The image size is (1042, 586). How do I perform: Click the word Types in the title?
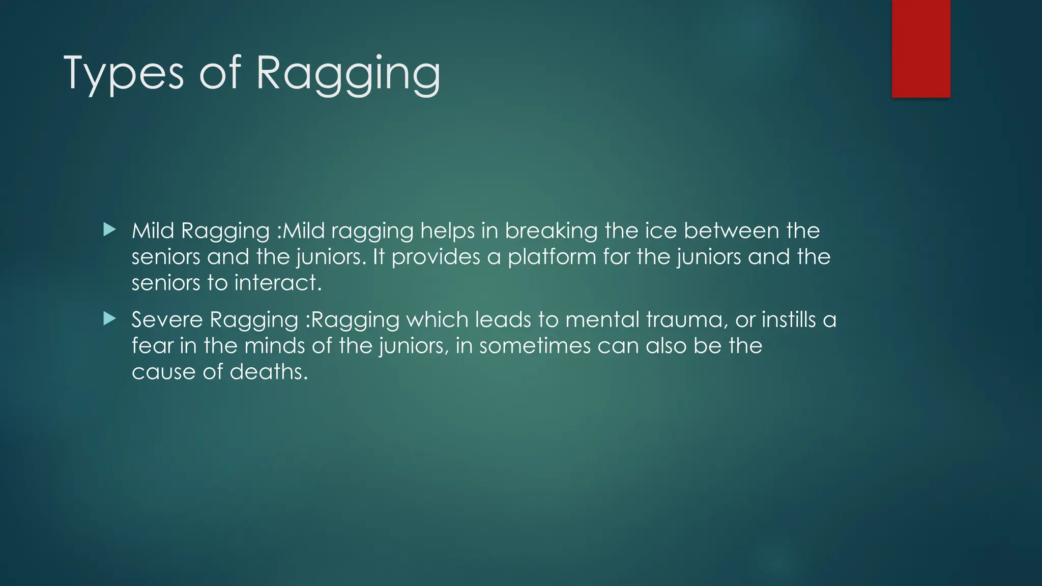pyautogui.click(x=123, y=74)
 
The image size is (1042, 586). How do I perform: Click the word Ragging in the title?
pyautogui.click(x=348, y=74)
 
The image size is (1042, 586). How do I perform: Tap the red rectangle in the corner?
pyautogui.click(x=921, y=49)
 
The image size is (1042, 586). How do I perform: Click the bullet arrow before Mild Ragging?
pyautogui.click(x=109, y=230)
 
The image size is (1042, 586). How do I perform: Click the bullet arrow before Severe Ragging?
pyautogui.click(x=109, y=319)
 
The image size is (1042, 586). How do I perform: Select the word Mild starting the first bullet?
pyautogui.click(x=153, y=231)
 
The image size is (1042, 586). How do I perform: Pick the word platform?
pyautogui.click(x=552, y=257)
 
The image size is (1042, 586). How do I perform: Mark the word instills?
pyautogui.click(x=789, y=320)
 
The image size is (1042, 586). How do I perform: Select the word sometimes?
pyautogui.click(x=534, y=346)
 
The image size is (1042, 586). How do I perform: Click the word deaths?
pyautogui.click(x=269, y=372)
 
